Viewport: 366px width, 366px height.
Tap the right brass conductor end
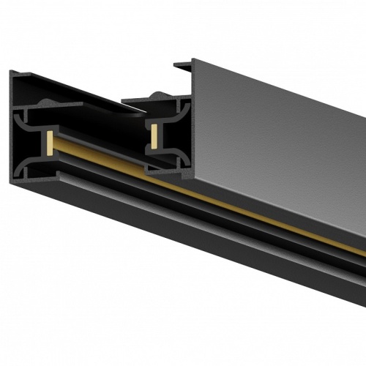click(155, 133)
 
